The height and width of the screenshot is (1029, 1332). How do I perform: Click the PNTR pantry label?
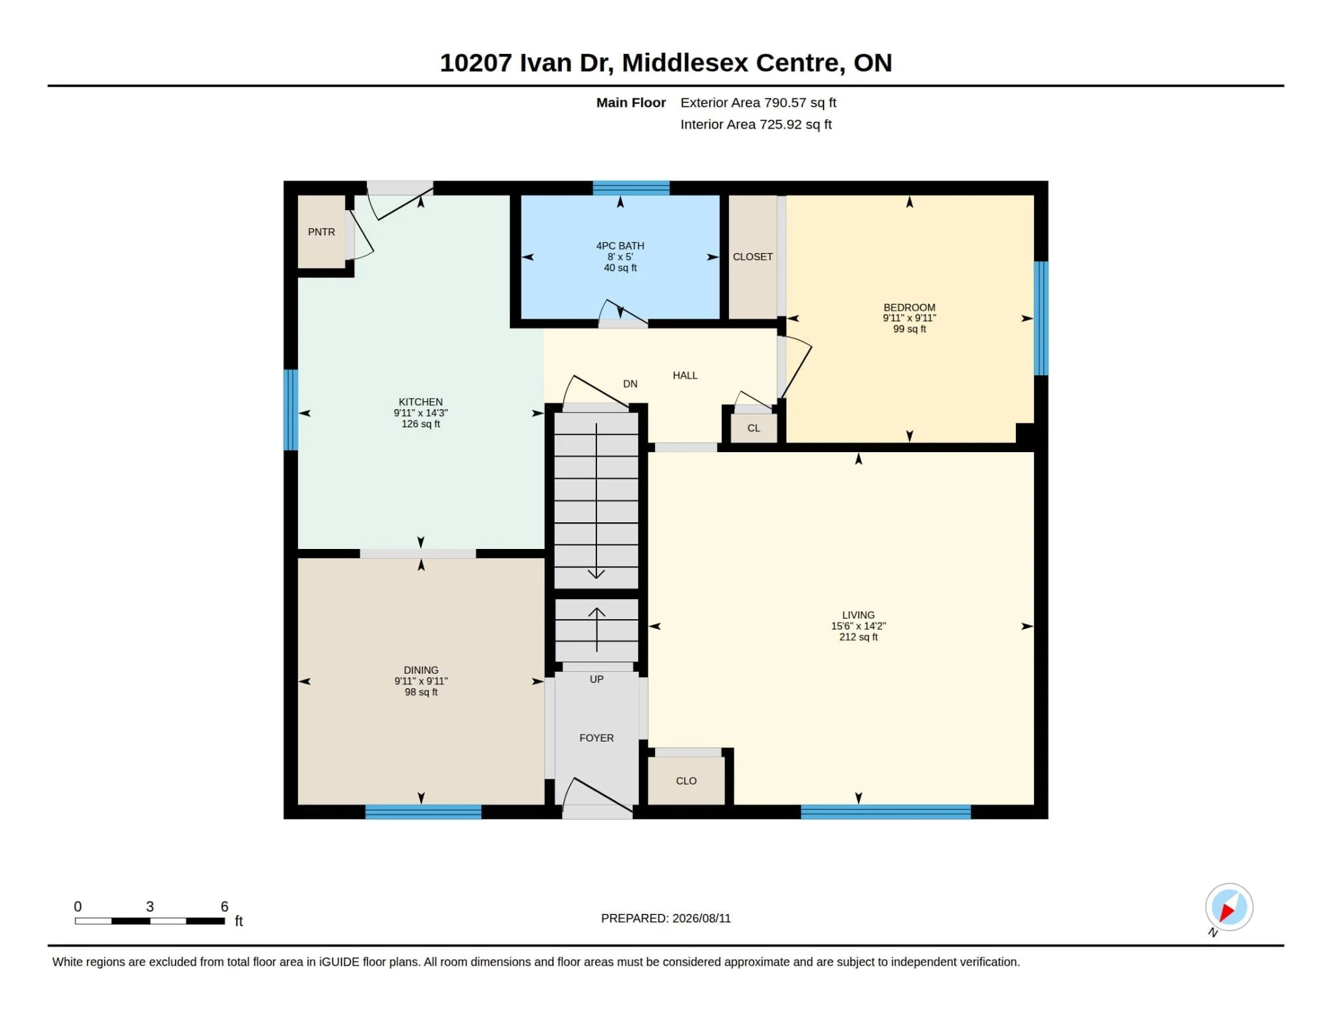coord(321,232)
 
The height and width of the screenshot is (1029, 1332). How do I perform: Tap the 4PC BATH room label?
coord(620,246)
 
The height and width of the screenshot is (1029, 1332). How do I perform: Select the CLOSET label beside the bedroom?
coord(753,257)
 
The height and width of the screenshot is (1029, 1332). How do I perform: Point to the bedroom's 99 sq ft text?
coord(909,329)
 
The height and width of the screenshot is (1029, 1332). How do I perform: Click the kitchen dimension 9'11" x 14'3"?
coord(421,413)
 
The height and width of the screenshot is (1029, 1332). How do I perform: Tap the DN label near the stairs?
coord(630,384)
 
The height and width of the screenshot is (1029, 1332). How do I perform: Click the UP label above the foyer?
coord(596,679)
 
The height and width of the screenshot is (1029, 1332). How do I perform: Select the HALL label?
coord(685,375)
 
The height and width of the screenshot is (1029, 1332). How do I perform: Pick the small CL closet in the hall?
coord(754,428)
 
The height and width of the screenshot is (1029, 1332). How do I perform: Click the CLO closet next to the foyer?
coord(686,781)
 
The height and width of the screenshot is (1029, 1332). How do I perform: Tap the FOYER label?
coord(596,738)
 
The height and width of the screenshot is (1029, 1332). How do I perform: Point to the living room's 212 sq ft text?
coord(859,637)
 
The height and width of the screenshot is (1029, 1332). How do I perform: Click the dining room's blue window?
coord(423,812)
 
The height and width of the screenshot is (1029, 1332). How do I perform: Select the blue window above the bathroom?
coord(631,188)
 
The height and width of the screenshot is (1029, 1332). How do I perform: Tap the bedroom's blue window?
coord(1041,318)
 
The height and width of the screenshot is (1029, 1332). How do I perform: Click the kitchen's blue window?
coord(291,410)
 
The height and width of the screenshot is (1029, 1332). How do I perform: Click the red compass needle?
coord(1227,912)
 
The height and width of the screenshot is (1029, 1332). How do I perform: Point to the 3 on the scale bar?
coord(150,907)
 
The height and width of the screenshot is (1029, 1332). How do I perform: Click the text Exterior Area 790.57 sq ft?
coord(758,103)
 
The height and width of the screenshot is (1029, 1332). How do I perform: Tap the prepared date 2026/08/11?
coord(702,918)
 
